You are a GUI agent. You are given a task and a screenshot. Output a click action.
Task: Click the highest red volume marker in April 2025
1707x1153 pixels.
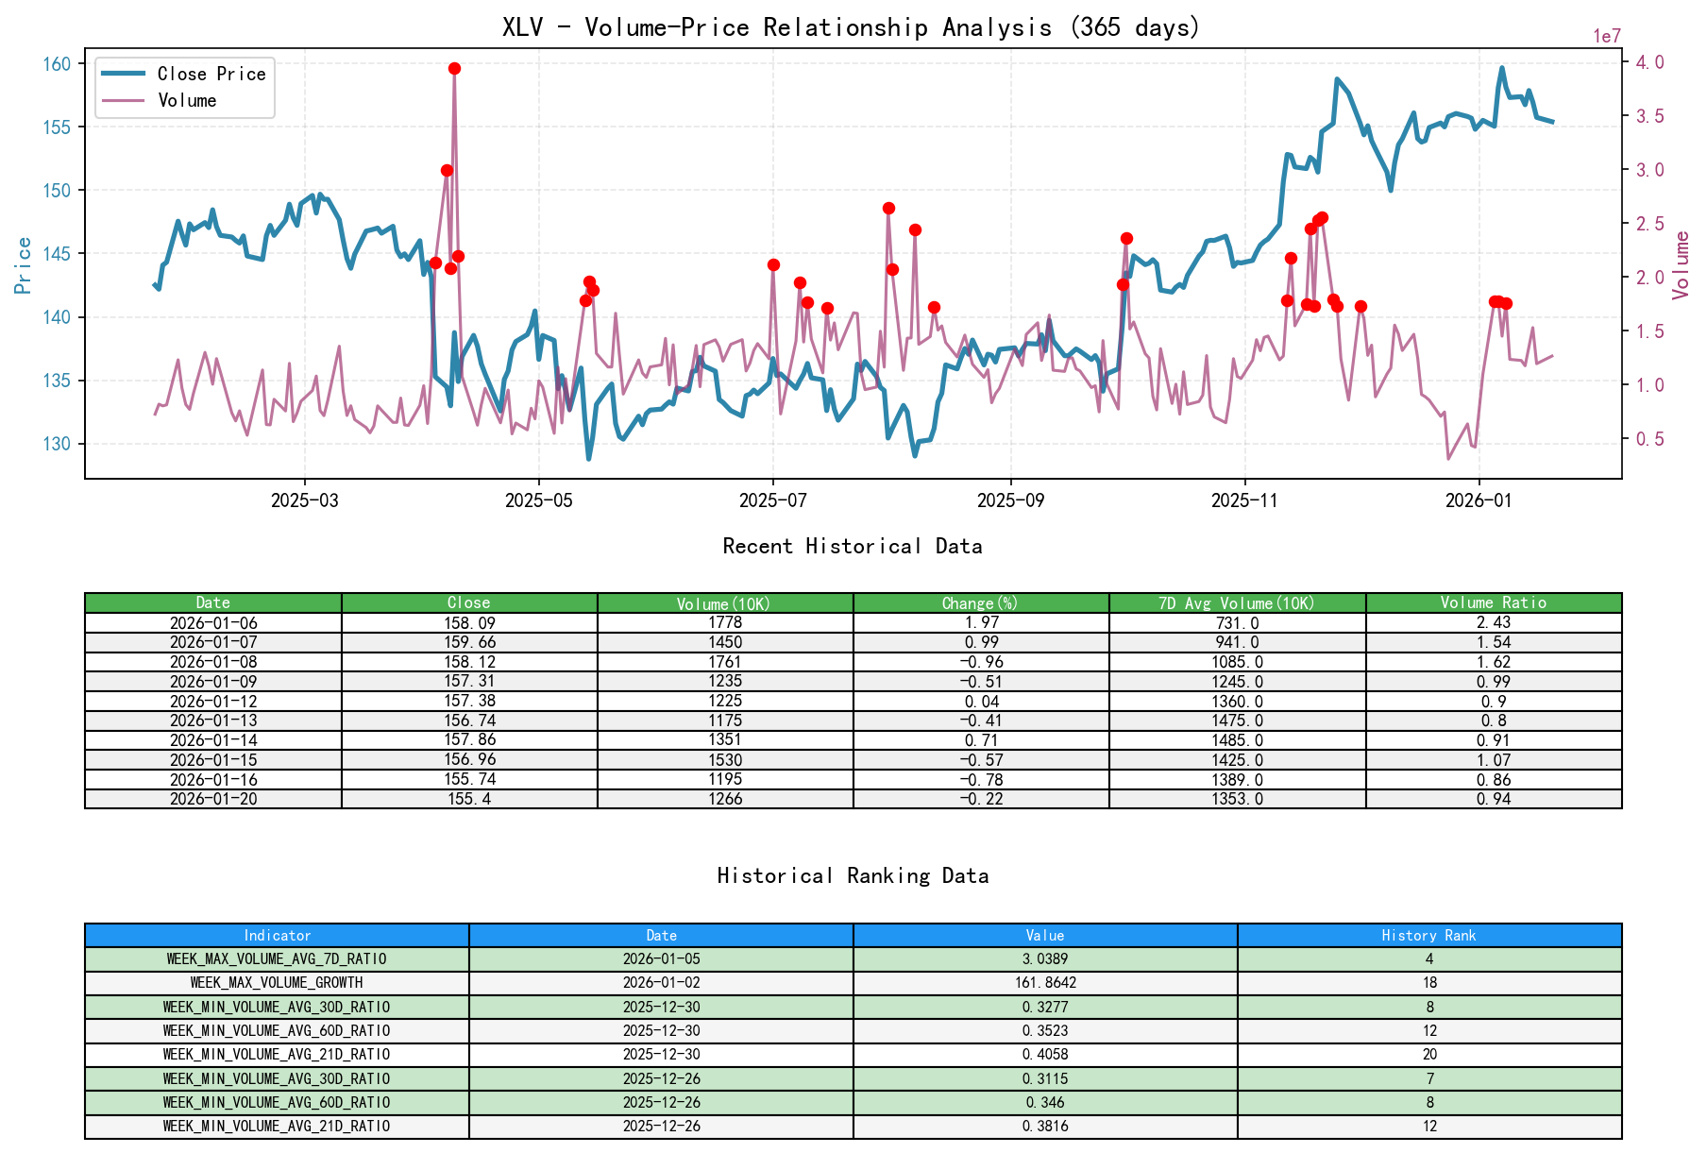tap(454, 68)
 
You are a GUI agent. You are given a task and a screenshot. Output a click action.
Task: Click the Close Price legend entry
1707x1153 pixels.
tap(211, 74)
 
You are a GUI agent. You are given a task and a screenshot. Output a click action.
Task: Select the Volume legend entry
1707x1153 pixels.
tap(187, 100)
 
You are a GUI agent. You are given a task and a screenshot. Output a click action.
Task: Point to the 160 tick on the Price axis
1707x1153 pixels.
tap(57, 64)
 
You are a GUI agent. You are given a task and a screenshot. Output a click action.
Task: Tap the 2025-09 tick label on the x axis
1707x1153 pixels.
tap(1010, 500)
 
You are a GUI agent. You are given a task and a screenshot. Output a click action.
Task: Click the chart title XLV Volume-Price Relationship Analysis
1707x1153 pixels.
tap(852, 26)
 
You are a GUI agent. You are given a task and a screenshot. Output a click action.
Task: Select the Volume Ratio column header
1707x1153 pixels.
tap(1493, 602)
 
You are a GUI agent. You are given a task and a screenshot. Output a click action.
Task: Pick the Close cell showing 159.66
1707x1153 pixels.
tap(469, 642)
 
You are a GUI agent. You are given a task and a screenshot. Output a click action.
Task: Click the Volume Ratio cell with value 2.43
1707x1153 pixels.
tap(1493, 622)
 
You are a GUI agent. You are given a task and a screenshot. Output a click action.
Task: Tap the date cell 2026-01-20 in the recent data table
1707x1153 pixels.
tap(213, 799)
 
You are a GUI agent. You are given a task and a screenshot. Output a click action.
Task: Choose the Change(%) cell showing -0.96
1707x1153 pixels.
tap(981, 662)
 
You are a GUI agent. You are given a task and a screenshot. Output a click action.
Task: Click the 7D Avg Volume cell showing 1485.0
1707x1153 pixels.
tap(1237, 740)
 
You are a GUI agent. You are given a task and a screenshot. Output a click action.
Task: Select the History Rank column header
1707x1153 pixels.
tap(1428, 935)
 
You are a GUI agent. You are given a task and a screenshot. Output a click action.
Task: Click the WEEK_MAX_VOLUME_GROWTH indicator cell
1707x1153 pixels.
tap(277, 982)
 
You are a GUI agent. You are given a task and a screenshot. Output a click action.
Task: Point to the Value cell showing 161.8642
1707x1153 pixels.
tap(1045, 982)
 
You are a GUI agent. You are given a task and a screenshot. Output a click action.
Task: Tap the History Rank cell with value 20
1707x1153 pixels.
tap(1428, 1054)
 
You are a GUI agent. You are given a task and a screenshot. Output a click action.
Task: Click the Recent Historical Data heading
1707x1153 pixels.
tap(852, 546)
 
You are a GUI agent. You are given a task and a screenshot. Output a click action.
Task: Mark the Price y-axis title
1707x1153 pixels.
tap(24, 264)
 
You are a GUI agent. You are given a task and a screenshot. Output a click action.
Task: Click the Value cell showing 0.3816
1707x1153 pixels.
tap(1045, 1126)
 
